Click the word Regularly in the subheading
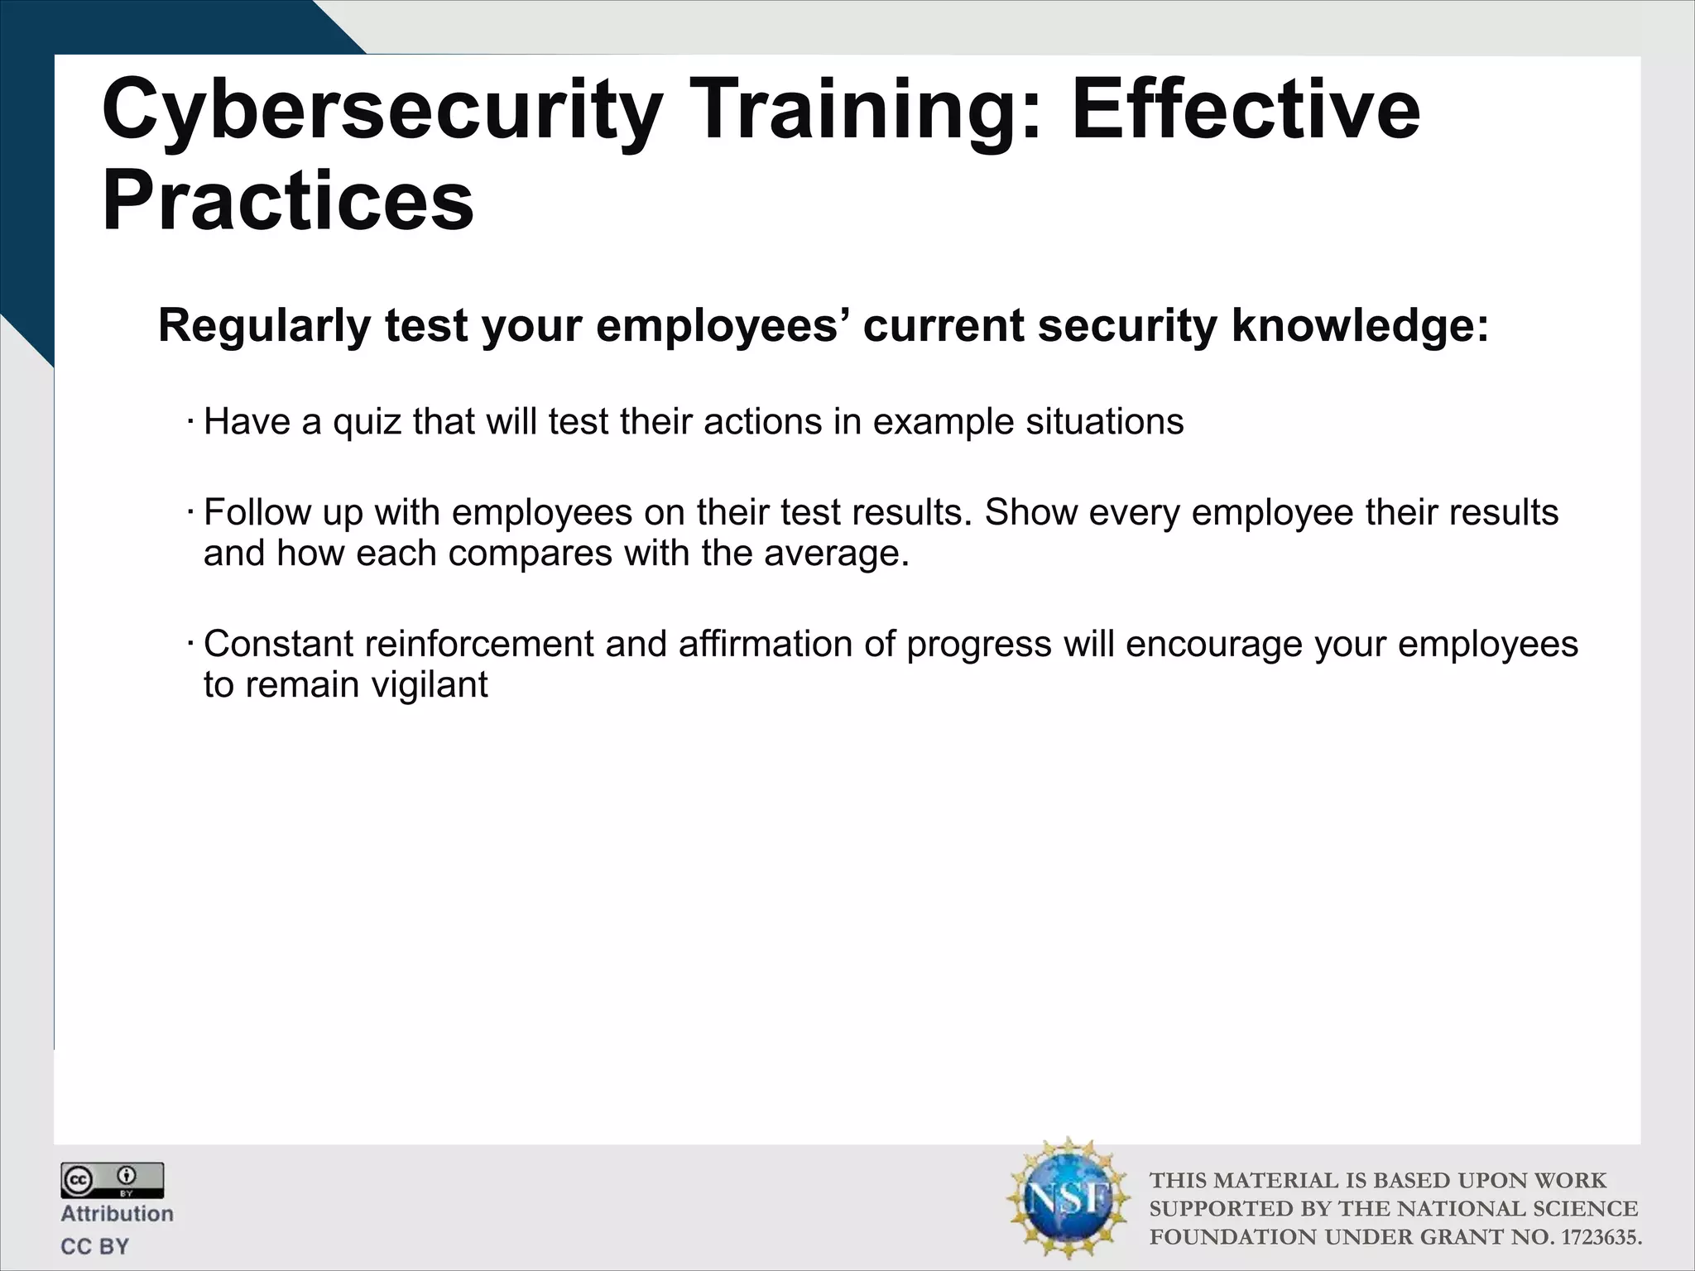click(264, 326)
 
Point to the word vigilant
click(430, 685)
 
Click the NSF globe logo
click(1068, 1197)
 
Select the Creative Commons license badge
click(112, 1181)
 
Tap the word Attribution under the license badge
click(117, 1214)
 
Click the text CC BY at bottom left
click(94, 1246)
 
